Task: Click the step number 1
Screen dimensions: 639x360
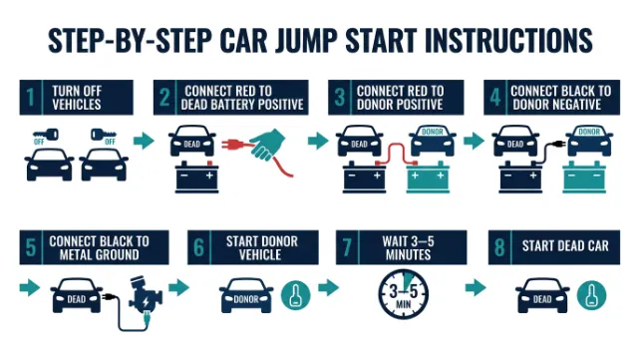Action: click(31, 98)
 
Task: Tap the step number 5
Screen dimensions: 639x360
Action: click(31, 247)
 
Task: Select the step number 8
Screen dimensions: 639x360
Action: click(499, 247)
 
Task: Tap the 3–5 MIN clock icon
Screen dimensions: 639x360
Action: click(404, 293)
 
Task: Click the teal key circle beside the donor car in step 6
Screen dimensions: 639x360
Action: click(295, 295)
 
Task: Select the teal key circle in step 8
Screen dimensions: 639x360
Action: click(591, 295)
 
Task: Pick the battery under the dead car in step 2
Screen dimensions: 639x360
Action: click(197, 177)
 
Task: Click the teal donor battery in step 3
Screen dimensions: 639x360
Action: click(428, 177)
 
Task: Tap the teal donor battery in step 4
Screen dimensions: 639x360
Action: click(584, 177)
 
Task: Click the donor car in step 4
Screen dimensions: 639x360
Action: click(590, 141)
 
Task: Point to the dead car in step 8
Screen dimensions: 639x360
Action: click(542, 295)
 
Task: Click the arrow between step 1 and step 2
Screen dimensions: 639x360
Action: click(144, 141)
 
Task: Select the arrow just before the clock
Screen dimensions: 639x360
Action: click(328, 287)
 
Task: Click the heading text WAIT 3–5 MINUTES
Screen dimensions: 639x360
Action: click(408, 247)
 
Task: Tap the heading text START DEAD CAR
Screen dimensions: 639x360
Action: click(565, 246)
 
